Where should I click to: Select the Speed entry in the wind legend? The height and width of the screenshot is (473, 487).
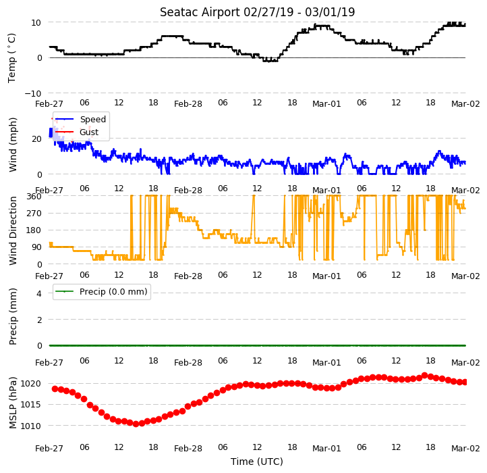pyautogui.click(x=93, y=119)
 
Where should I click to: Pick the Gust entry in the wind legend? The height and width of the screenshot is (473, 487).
pyautogui.click(x=89, y=132)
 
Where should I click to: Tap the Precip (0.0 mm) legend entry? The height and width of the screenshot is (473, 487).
pyautogui.click(x=113, y=292)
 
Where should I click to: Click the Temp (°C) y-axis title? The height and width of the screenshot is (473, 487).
pyautogui.click(x=11, y=58)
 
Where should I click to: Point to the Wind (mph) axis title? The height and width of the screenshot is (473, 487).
pyautogui.click(x=12, y=145)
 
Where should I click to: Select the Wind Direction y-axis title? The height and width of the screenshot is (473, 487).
pyautogui.click(x=12, y=230)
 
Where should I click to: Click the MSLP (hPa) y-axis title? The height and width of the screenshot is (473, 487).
pyautogui.click(x=12, y=403)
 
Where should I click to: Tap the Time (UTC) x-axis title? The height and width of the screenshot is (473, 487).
pyautogui.click(x=257, y=462)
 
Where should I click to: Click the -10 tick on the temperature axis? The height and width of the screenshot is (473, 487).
pyautogui.click(x=33, y=93)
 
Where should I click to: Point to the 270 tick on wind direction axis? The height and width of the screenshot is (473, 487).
pyautogui.click(x=34, y=214)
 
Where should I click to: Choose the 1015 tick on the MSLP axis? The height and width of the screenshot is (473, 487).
pyautogui.click(x=31, y=405)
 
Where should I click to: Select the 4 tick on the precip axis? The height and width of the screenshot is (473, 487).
pyautogui.click(x=39, y=293)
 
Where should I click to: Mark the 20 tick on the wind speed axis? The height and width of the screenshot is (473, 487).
pyautogui.click(x=36, y=139)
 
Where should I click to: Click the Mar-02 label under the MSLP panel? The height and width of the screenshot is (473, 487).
pyautogui.click(x=465, y=449)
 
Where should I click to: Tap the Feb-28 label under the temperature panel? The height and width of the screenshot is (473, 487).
pyautogui.click(x=188, y=103)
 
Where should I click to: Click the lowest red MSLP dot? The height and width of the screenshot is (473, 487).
pyautogui.click(x=136, y=424)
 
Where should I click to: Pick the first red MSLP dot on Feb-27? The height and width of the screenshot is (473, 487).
pyautogui.click(x=55, y=389)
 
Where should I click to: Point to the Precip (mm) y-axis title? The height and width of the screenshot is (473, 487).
pyautogui.click(x=12, y=317)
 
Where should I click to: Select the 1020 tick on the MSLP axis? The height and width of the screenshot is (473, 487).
pyautogui.click(x=31, y=383)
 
